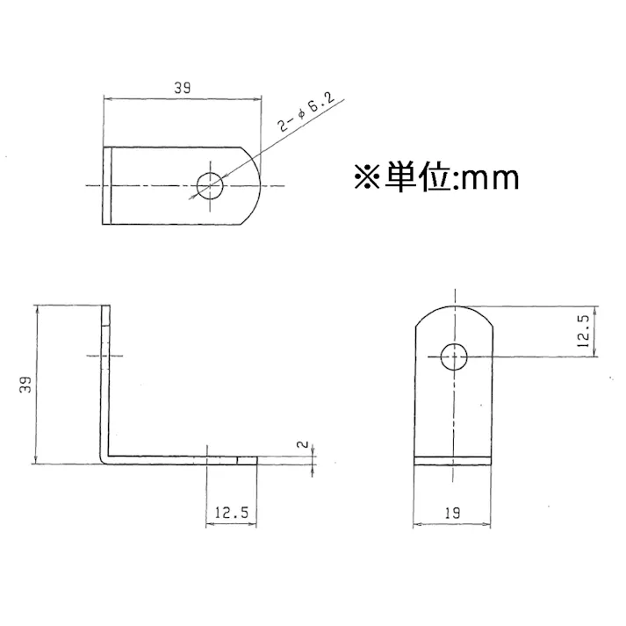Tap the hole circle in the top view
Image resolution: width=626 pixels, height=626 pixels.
[x=211, y=185]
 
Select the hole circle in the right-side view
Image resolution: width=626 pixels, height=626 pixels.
[x=454, y=357]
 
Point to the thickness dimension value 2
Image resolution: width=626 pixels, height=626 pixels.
[x=302, y=446]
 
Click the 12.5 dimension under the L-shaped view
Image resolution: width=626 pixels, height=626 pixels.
[x=231, y=512]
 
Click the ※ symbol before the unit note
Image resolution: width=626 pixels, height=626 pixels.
[x=367, y=178]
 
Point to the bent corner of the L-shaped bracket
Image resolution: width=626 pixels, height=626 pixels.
[x=106, y=457]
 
